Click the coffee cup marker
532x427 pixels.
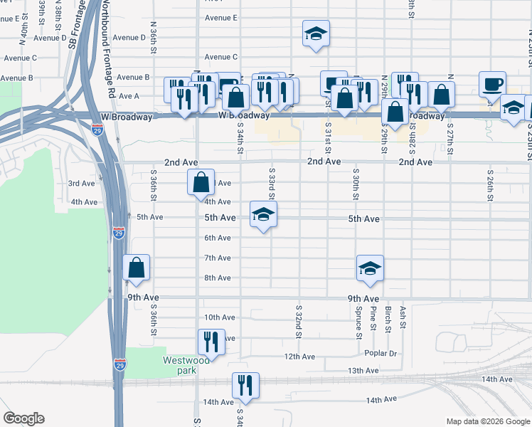pos(492,84)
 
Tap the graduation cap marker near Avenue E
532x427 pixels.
pos(316,34)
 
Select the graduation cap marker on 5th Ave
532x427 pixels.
pos(263,214)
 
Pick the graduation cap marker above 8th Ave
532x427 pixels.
pos(370,268)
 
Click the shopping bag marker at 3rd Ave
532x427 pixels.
pos(201,182)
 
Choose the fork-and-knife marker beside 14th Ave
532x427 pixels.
pos(245,386)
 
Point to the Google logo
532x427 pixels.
pos(24,418)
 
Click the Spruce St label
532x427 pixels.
pos(358,323)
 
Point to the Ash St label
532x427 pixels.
pos(403,316)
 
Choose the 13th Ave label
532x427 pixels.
pos(363,371)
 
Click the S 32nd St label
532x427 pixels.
pos(299,322)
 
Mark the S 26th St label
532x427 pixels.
pos(490,184)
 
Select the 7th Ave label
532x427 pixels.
pos(218,258)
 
